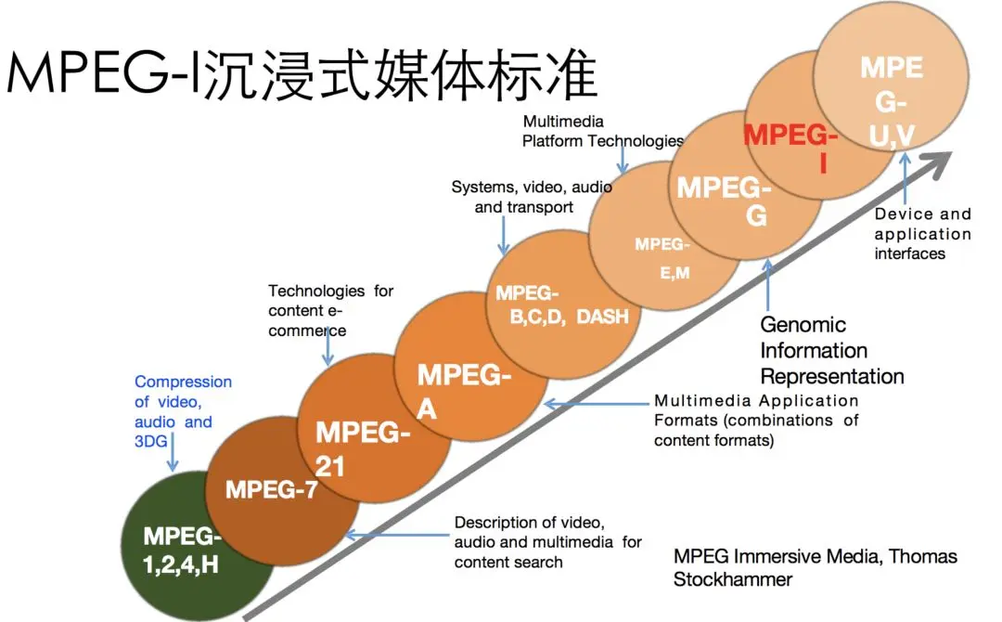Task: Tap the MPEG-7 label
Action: click(x=272, y=489)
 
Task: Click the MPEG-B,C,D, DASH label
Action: click(x=561, y=305)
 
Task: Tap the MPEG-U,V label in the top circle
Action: click(x=893, y=102)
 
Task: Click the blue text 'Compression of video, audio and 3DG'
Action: click(x=183, y=411)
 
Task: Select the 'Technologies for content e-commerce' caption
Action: click(x=330, y=311)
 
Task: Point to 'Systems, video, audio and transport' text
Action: click(x=532, y=197)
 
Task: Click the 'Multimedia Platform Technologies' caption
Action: click(x=602, y=132)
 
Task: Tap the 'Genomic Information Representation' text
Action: click(x=831, y=351)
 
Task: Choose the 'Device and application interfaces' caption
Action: click(x=922, y=234)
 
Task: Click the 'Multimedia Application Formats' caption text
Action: click(x=756, y=421)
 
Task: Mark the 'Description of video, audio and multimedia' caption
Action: click(x=547, y=541)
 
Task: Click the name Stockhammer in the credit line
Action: click(x=732, y=579)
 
